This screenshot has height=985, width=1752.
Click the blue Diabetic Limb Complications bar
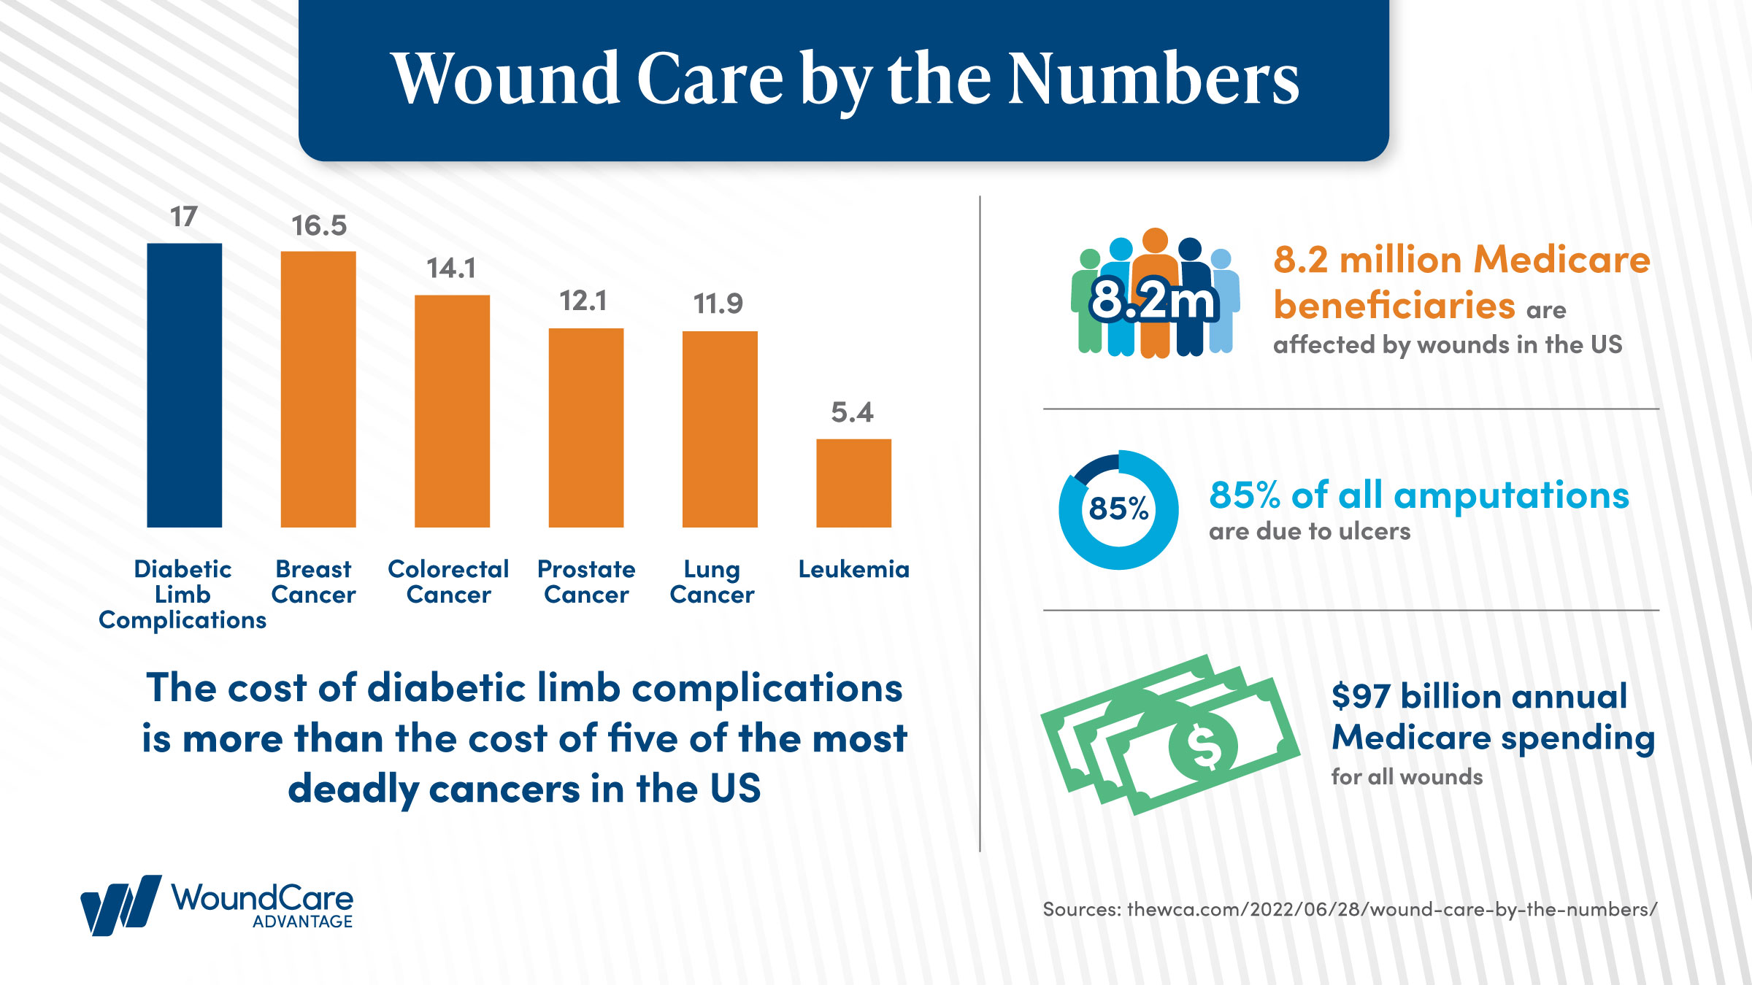(184, 385)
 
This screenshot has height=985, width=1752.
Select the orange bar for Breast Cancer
(318, 390)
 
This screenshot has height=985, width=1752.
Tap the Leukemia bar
(853, 483)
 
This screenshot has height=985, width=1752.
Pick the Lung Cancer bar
(720, 429)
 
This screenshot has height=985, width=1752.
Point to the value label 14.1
(451, 269)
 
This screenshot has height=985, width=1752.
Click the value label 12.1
(583, 301)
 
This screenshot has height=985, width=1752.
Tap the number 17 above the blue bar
(184, 217)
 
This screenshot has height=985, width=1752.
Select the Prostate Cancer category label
(586, 582)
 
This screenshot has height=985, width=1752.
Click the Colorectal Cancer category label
(448, 582)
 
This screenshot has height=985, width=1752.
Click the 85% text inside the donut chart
(1118, 509)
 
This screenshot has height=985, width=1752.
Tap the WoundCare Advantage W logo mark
(120, 905)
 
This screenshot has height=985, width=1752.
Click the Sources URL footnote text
(1350, 909)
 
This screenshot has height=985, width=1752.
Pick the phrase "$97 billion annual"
(1479, 695)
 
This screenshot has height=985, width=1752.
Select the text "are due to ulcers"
(1310, 531)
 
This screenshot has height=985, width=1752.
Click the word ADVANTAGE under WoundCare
(302, 922)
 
